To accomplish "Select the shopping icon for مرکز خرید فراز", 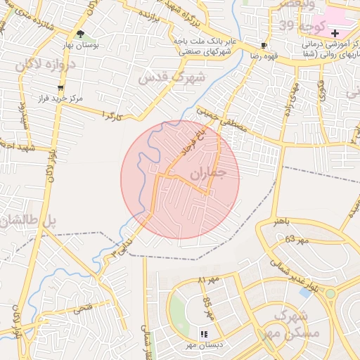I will coord(60,88).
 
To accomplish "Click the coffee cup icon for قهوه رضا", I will coord(264,45).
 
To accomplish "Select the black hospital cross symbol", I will coord(335,33).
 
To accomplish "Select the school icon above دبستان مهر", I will coord(204,335).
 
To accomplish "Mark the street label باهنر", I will coord(281,222).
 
